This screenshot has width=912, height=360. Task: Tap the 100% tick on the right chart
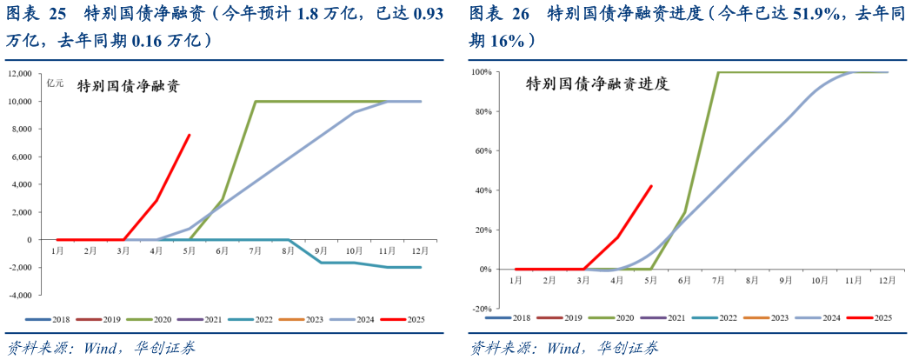point(483,72)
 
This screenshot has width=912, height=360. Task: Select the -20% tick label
point(483,309)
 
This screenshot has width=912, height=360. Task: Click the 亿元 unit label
point(56,79)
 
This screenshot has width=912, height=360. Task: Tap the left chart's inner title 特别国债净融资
point(129,86)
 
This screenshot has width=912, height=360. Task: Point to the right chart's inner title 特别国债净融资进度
point(596,84)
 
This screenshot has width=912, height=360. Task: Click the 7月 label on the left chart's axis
point(256,251)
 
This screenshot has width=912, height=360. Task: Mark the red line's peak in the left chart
point(190,135)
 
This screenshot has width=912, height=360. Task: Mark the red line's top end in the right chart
point(651,185)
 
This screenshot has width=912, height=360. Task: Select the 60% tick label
point(484,151)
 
